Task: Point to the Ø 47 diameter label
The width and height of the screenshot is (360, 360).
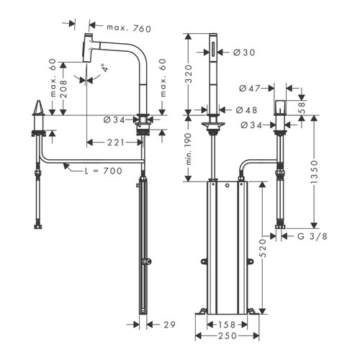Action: click(x=249, y=88)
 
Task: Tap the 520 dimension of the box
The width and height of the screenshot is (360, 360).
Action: click(x=264, y=249)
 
